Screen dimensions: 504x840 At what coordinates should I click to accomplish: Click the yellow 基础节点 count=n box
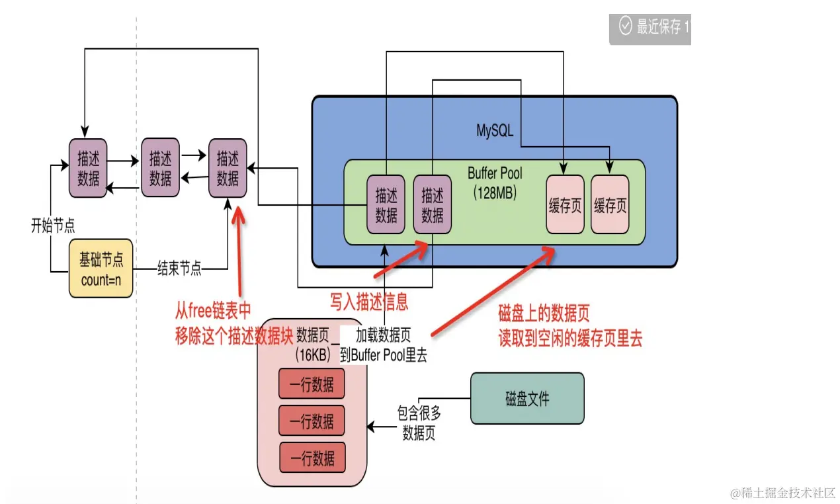tap(101, 269)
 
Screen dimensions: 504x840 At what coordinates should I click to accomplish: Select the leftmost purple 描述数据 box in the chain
tap(88, 168)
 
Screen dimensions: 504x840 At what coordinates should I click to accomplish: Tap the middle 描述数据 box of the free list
tap(160, 168)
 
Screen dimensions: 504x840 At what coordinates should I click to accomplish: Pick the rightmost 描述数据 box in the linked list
tap(228, 168)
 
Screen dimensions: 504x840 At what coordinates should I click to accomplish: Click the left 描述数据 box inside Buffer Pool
tap(386, 204)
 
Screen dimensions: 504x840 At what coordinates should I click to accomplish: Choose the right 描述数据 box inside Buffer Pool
tap(433, 204)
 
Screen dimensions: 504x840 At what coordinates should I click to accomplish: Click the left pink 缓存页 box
tap(565, 204)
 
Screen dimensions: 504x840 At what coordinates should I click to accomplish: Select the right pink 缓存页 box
tap(610, 204)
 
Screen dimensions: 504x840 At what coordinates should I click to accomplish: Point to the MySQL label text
tap(495, 130)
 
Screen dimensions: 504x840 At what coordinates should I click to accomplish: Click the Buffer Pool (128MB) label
tap(495, 183)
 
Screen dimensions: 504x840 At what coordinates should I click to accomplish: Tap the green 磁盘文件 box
tap(527, 398)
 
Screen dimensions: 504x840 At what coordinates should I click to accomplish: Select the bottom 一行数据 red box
tap(312, 458)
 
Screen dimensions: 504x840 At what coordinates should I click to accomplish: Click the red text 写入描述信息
tap(369, 302)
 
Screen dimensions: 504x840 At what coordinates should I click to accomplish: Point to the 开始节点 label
tap(52, 226)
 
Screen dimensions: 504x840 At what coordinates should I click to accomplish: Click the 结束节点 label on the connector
tap(179, 269)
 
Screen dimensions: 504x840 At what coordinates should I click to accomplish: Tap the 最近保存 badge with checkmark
tap(651, 26)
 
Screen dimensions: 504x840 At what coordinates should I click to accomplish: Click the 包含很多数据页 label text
tap(419, 423)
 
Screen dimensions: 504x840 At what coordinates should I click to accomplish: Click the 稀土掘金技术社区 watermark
tap(783, 493)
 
